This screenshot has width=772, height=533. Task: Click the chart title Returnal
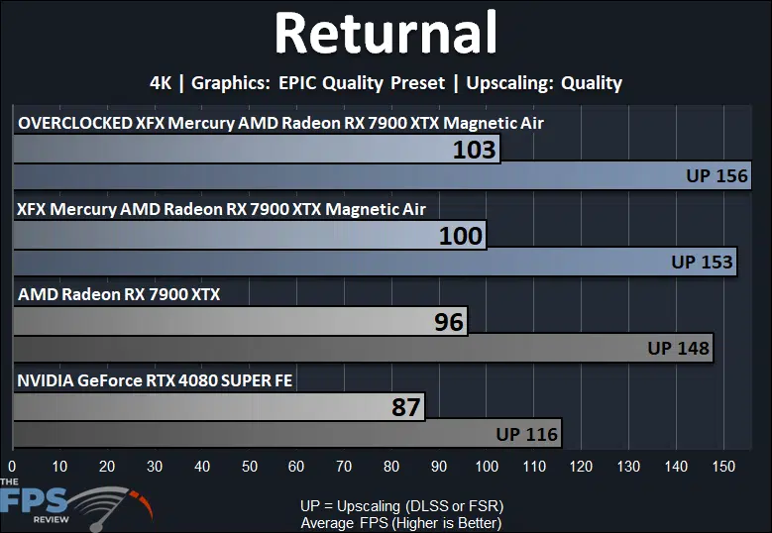[386, 33]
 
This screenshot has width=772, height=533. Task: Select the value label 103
[474, 150]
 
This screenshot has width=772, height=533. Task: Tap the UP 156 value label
[717, 175]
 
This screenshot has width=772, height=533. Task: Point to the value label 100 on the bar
[461, 236]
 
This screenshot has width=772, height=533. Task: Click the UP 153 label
[702, 262]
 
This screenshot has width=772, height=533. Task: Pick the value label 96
[449, 322]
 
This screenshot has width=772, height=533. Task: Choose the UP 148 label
[679, 348]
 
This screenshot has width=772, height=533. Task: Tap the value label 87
[406, 407]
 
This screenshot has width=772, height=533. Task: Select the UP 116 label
[527, 434]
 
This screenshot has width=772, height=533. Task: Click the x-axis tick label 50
[249, 466]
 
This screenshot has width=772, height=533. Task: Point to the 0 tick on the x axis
[12, 466]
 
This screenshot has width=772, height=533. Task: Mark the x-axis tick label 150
[723, 466]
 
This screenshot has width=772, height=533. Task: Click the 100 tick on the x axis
[487, 466]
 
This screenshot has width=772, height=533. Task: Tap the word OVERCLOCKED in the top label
[75, 123]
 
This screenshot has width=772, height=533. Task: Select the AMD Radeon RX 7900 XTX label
[119, 294]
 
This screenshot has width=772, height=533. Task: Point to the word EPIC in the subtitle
[298, 82]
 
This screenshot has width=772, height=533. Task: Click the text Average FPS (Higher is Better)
[401, 523]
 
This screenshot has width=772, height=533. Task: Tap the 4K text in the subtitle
[161, 82]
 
